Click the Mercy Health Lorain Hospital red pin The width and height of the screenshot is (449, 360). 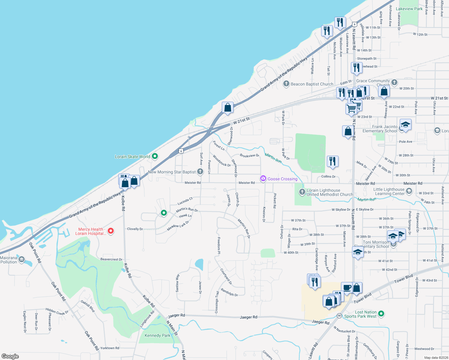click(111, 231)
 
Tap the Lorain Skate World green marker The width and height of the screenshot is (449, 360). click(155, 156)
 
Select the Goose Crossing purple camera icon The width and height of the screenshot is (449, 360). click(263, 178)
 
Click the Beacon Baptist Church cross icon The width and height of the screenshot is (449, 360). click(286, 84)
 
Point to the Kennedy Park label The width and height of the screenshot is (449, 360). click(157, 335)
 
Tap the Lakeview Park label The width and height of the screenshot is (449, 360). click(409, 9)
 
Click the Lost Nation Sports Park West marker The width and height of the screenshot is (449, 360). click(381, 314)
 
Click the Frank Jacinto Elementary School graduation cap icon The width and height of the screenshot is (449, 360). click(405, 124)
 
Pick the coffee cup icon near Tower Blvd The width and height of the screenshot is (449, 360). click(347, 287)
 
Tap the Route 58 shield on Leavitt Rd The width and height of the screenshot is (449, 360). click(339, 316)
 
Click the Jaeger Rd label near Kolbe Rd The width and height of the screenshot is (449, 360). click(176, 315)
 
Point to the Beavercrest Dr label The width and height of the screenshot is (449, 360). click(111, 259)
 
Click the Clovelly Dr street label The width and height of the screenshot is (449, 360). click(135, 229)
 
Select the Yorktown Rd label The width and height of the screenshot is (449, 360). click(110, 348)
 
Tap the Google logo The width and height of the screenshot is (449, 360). click(10, 356)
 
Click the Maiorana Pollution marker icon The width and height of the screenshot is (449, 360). click(22, 259)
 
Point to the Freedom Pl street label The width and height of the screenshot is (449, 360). click(219, 246)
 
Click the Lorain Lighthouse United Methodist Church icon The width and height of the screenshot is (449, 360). click(302, 192)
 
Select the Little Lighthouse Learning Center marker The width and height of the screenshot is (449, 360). click(409, 191)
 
